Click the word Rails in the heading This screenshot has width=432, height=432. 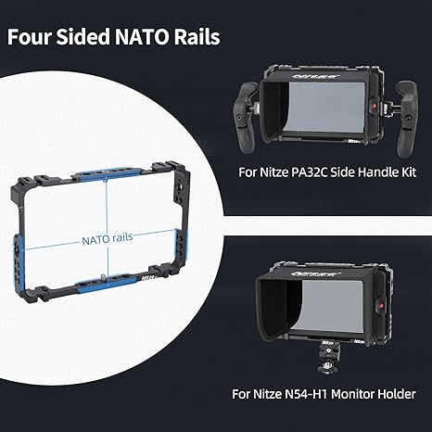[x=197, y=37]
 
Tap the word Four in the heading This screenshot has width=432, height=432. [x=29, y=37]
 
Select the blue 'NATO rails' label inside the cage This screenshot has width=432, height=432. [x=108, y=239]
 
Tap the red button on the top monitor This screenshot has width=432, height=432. [x=375, y=106]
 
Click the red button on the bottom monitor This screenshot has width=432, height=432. [x=381, y=305]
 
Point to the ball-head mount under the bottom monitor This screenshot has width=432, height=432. [x=329, y=358]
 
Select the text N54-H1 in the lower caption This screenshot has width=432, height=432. [x=307, y=394]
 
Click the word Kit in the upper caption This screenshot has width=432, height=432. [x=408, y=172]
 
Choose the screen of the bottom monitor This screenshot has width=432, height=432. [x=331, y=307]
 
